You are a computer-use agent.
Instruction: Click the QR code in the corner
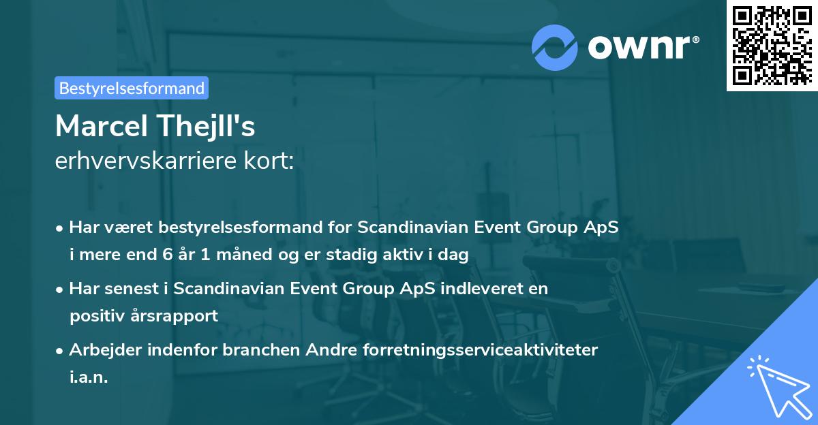pos(772,45)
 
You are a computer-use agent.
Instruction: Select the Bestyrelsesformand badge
pos(132,88)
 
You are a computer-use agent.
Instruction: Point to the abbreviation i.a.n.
pos(89,377)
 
